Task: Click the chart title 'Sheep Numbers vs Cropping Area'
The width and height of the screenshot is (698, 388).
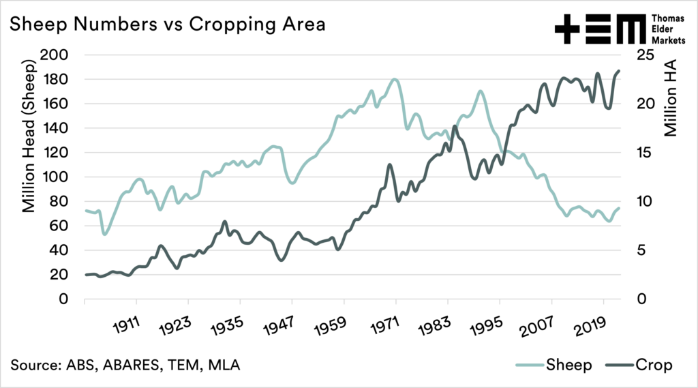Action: coord(168,25)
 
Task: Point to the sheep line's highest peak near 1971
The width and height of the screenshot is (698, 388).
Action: coord(395,79)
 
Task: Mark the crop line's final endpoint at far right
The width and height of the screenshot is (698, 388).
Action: coord(620,70)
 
